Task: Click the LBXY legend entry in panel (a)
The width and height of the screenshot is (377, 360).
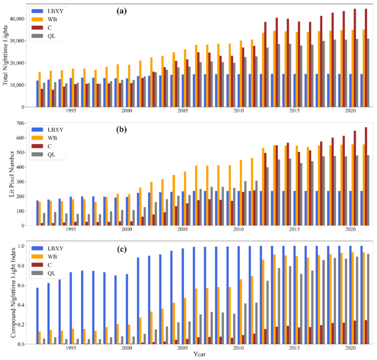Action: click(x=49, y=11)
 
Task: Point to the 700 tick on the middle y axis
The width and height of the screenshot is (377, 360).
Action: click(x=20, y=123)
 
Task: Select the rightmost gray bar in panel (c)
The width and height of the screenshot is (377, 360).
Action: click(x=368, y=299)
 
